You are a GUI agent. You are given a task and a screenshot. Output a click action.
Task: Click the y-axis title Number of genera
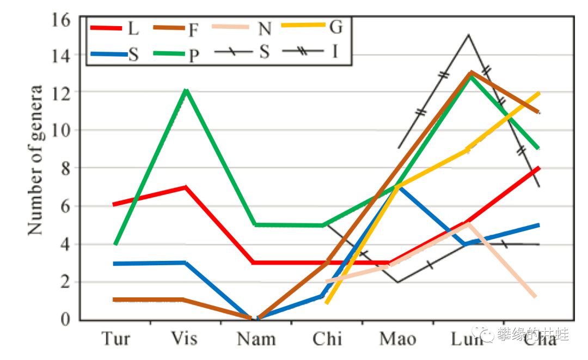tap(36, 160)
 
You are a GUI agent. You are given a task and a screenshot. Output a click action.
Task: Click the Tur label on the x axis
tap(116, 339)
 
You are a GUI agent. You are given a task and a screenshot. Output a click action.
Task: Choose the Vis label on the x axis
tap(185, 339)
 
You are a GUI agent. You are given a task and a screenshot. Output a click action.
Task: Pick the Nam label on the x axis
tap(256, 339)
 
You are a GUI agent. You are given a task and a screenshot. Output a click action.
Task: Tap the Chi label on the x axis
tap(327, 339)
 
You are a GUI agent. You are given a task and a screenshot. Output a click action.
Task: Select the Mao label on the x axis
tap(398, 339)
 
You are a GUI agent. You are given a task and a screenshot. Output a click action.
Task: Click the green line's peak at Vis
tap(186, 90)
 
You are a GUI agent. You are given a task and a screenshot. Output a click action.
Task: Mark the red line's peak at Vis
tap(186, 187)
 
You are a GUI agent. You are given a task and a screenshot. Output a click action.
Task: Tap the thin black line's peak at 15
tap(468, 35)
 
